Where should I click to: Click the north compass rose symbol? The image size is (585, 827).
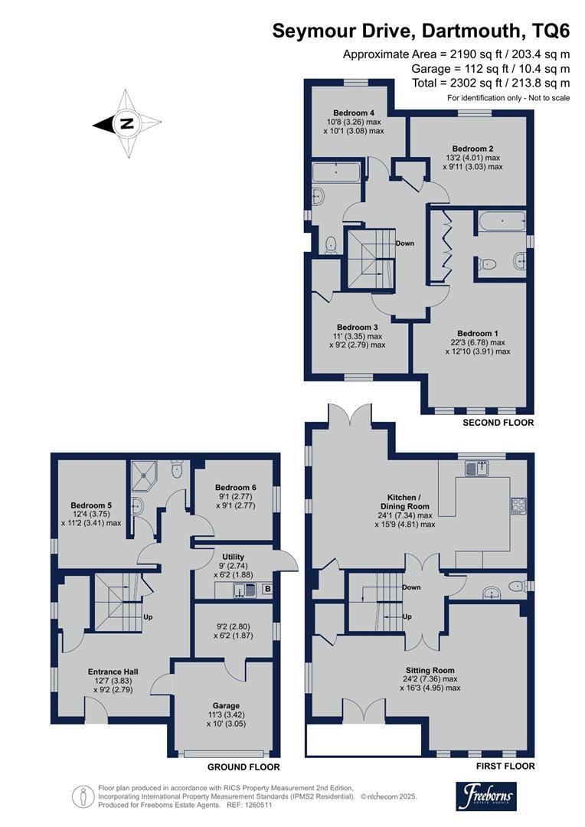point(127,123)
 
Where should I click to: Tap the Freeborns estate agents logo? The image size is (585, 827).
point(486,796)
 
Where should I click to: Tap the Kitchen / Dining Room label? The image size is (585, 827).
point(404,502)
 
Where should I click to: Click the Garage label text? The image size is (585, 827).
point(227,706)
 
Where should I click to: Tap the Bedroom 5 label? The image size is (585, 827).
point(92,505)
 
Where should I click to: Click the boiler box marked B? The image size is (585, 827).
point(266,589)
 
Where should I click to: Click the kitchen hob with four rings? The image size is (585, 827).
point(518,505)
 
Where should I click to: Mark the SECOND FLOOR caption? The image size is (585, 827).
point(498,423)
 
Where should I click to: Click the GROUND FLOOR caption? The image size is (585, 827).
point(243,767)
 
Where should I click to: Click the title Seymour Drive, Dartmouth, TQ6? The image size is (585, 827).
point(421,32)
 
